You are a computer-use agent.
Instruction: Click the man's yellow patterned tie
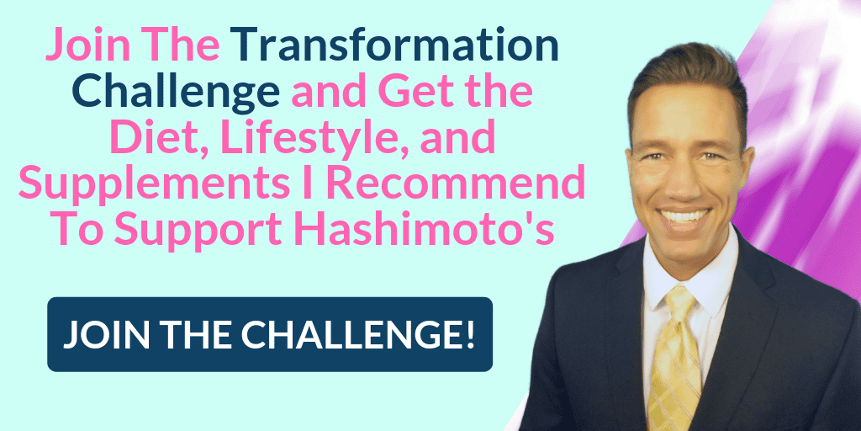tap(673, 362)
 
